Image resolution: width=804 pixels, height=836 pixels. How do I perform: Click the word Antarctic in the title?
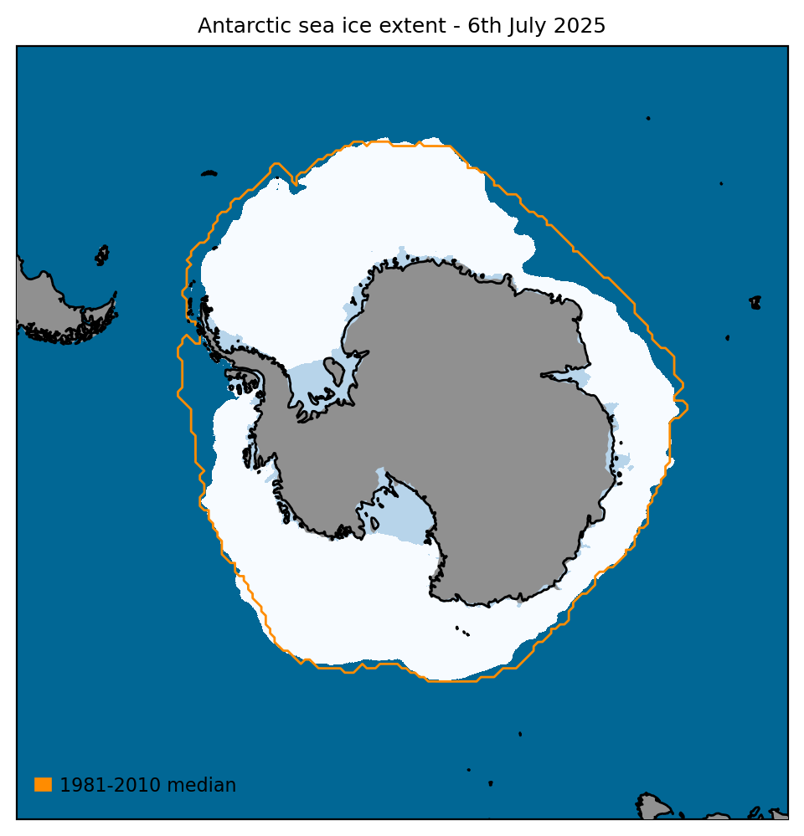click(236, 26)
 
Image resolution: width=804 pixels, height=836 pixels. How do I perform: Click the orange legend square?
click(43, 784)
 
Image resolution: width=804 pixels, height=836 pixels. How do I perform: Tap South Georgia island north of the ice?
click(209, 173)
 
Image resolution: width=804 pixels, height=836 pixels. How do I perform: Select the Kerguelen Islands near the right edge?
click(755, 302)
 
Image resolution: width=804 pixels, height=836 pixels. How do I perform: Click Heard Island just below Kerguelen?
click(727, 337)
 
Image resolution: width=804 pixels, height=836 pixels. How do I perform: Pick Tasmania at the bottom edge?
click(652, 808)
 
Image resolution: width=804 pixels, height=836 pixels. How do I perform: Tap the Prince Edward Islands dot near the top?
click(648, 118)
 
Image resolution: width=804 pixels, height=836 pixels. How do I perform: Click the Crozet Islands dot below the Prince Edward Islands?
click(721, 183)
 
